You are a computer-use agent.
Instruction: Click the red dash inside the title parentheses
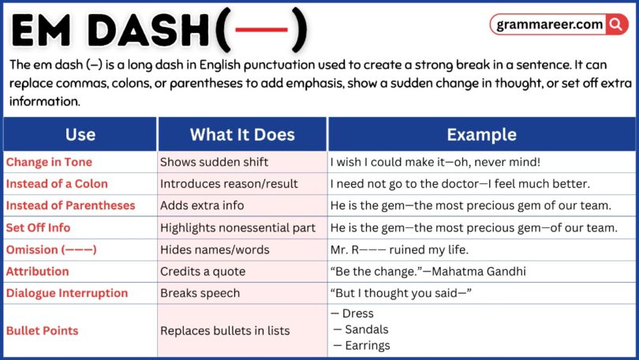(x=260, y=32)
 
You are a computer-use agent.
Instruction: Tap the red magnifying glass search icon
(x=616, y=24)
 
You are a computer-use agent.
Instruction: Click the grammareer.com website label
(x=550, y=24)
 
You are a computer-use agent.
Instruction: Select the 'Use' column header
(x=80, y=134)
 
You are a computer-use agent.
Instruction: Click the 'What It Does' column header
(x=242, y=134)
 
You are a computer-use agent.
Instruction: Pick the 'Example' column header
(x=481, y=134)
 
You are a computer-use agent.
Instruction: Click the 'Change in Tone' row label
(x=49, y=162)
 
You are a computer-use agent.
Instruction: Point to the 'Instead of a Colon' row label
(x=57, y=184)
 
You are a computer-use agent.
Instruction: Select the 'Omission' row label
(x=51, y=249)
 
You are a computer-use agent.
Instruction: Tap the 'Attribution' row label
(x=37, y=272)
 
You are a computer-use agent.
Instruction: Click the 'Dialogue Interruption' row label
(x=67, y=293)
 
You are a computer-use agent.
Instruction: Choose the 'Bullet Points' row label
(x=43, y=331)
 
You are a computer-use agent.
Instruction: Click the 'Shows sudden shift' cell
(x=215, y=162)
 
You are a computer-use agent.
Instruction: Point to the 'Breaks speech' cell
(x=201, y=293)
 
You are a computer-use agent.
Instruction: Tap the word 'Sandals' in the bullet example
(x=367, y=329)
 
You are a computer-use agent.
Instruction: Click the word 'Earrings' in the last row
(x=368, y=345)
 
